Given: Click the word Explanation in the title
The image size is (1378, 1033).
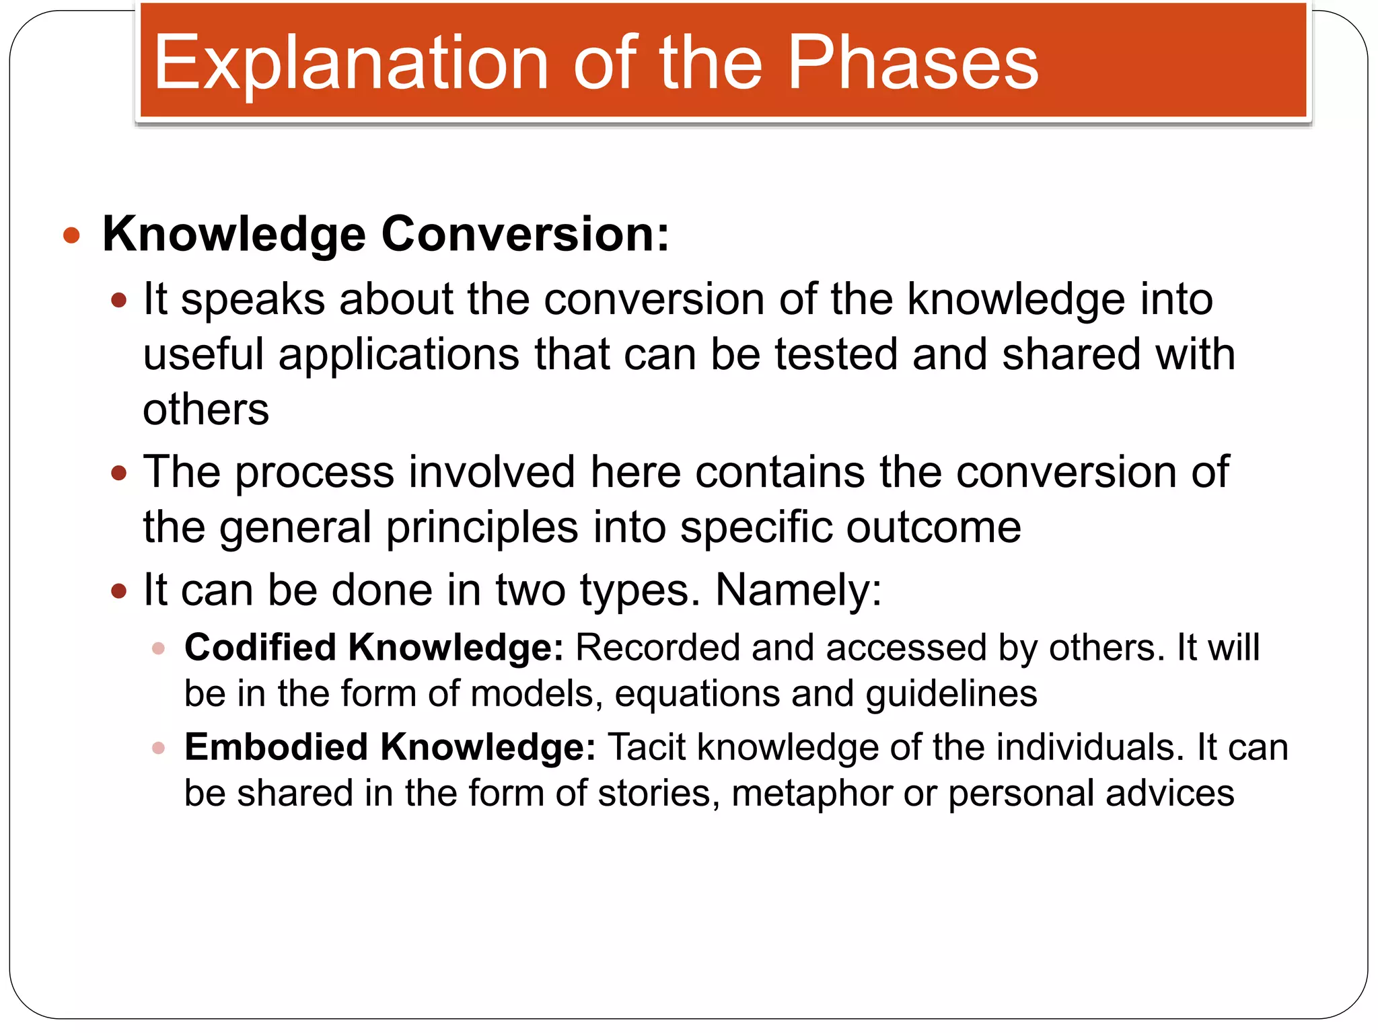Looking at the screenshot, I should (350, 64).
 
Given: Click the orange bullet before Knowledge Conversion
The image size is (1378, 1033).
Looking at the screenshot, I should (71, 235).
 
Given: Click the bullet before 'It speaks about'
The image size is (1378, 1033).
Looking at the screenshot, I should (119, 300).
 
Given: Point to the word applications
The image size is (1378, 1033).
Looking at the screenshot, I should (399, 354).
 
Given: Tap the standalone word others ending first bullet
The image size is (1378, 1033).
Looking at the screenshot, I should (206, 410).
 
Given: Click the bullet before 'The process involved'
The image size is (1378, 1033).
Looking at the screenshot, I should (119, 473).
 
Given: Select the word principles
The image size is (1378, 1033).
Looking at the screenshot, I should (482, 527).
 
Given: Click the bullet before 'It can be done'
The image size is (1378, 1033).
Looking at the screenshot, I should (119, 591).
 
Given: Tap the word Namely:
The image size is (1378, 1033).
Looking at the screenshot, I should (798, 590).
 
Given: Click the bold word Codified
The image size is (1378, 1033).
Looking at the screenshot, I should (260, 648).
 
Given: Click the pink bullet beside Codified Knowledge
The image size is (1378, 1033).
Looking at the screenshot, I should (159, 648).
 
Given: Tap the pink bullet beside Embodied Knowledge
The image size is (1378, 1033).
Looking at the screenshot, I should (159, 748).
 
